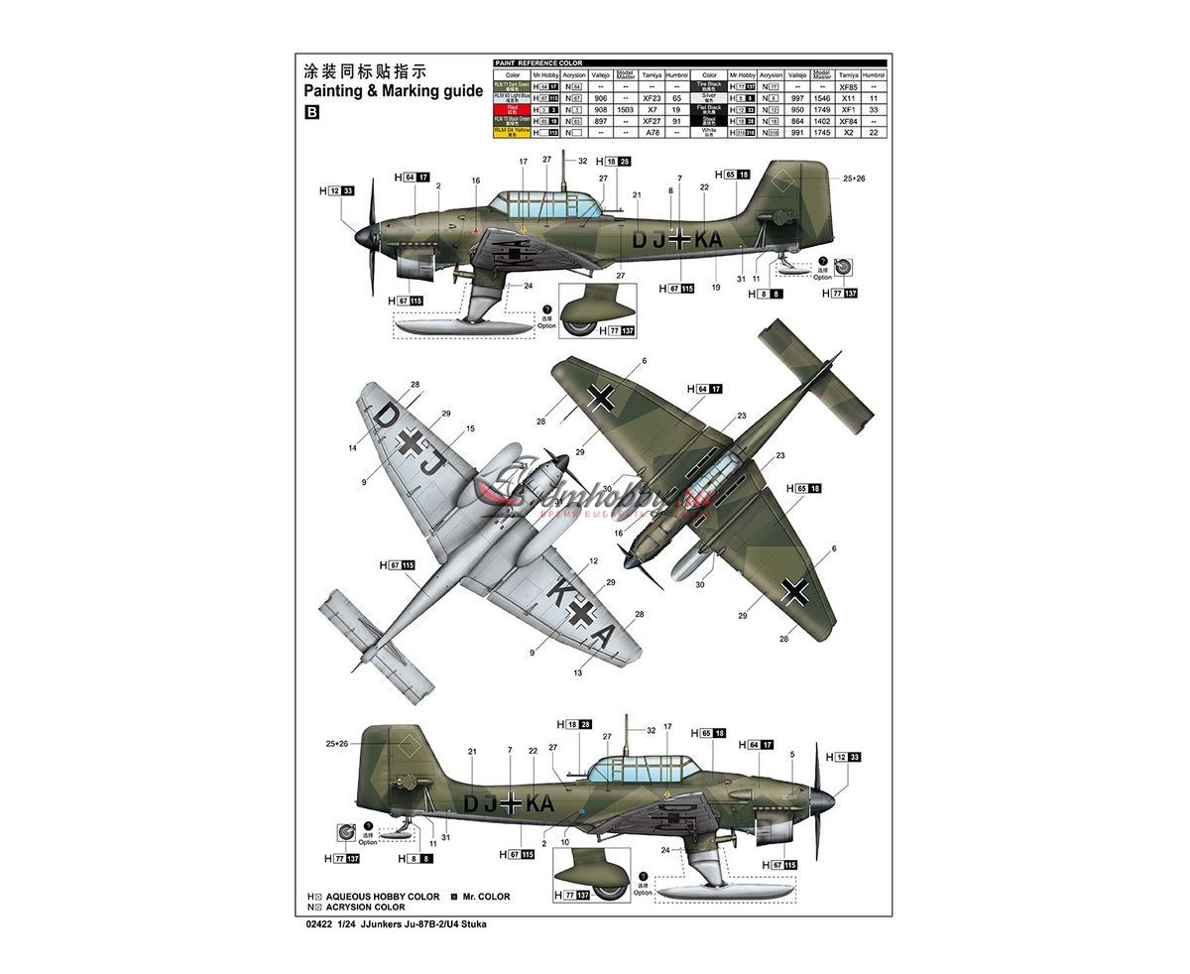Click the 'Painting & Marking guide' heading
click(393, 90)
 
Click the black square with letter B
click(312, 112)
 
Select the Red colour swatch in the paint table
click(512, 110)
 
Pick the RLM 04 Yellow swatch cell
click(512, 132)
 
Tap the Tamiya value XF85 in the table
click(847, 87)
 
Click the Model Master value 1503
click(625, 110)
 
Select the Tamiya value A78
click(652, 132)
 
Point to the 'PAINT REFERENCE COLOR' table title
click(538, 63)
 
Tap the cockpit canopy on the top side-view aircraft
click(547, 205)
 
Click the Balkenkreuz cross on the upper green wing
click(601, 398)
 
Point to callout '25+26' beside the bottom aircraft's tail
click(337, 744)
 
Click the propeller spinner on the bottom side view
click(822, 796)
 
